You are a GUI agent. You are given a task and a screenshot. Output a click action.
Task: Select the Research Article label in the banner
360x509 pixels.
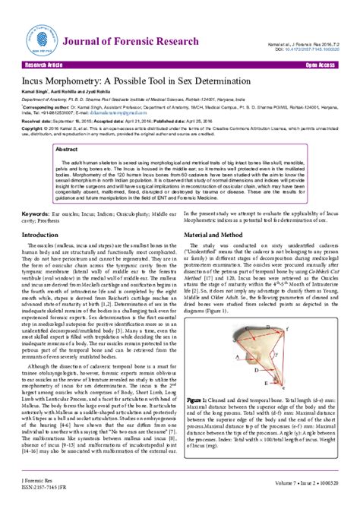(x=49, y=66)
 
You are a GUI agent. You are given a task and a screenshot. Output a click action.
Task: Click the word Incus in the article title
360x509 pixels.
(x=37, y=80)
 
